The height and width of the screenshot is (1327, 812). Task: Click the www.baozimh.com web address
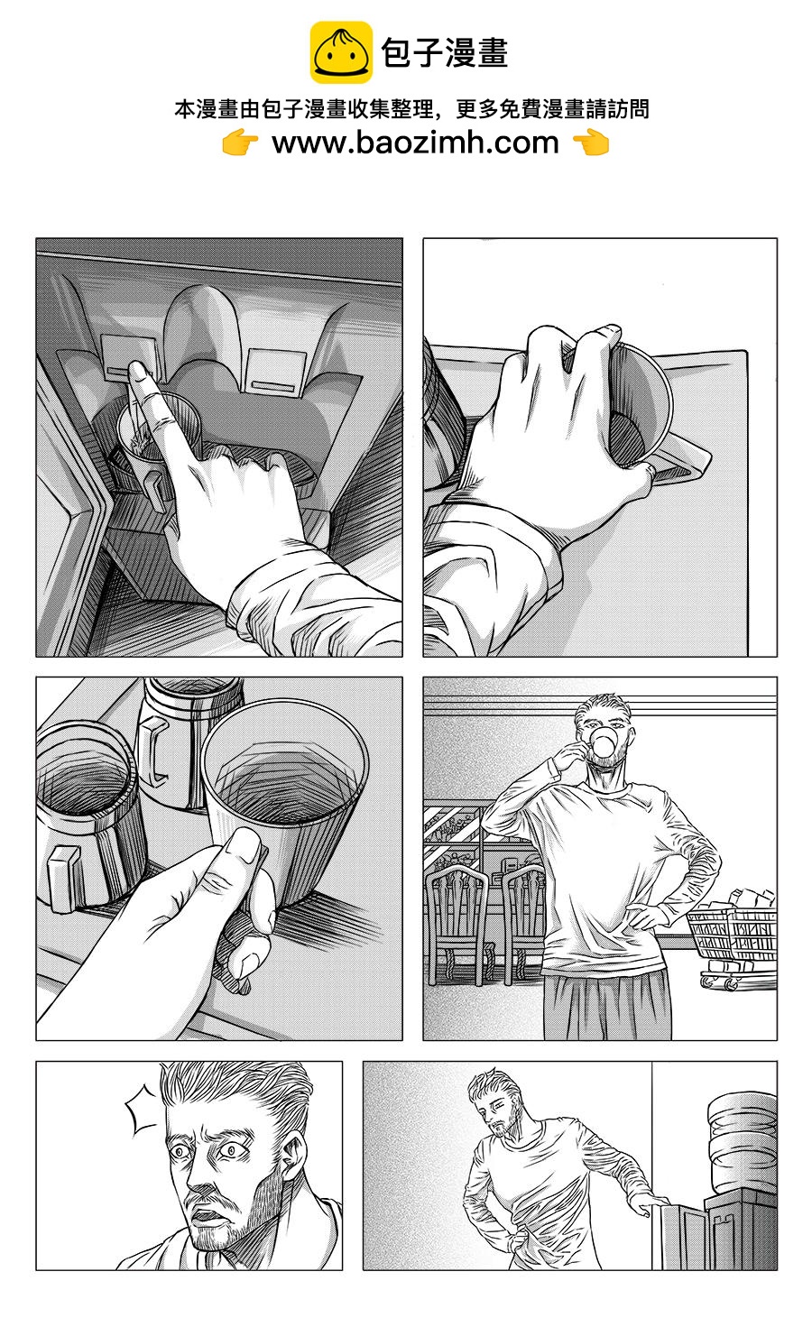(415, 143)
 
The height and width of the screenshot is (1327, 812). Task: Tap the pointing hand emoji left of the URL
(240, 143)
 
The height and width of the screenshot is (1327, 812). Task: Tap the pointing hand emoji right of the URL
(591, 143)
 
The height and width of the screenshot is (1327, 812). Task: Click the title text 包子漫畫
(445, 53)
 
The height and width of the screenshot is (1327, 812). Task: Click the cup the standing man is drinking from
(600, 744)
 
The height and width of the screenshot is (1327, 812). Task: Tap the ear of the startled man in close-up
(295, 1163)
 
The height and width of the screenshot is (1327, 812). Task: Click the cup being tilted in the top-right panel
(637, 401)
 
